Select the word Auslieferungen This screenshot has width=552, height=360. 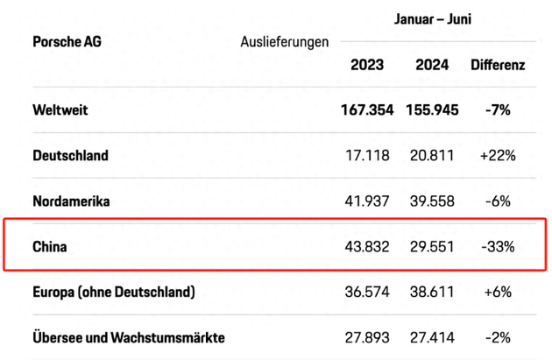coord(285,41)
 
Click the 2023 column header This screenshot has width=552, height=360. coord(367,65)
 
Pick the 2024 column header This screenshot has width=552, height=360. coord(429,65)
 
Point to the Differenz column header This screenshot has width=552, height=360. coord(498,65)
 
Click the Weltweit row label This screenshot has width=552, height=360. coord(60,110)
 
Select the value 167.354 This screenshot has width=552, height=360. coord(367,110)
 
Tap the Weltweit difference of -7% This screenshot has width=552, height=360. coord(497,110)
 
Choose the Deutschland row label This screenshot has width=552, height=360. coord(70,156)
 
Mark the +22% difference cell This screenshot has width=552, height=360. coord(497,156)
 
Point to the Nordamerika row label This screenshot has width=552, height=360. coord(71,201)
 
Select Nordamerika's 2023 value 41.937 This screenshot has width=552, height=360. coord(367,201)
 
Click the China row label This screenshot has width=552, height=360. coord(50,247)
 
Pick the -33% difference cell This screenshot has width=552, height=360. coord(497,247)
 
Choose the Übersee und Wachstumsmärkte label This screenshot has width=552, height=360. coord(129,337)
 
